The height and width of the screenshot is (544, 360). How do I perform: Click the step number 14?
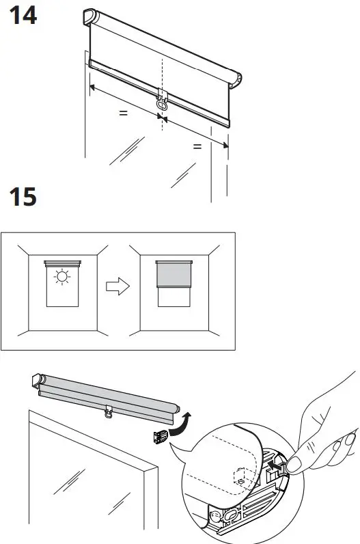tap(22, 16)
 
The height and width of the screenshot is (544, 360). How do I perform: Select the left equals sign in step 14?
tap(123, 113)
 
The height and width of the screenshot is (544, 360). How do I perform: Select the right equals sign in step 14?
tap(197, 146)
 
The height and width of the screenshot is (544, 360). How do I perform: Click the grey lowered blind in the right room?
tap(175, 275)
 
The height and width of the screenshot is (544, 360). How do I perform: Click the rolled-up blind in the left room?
tap(62, 262)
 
